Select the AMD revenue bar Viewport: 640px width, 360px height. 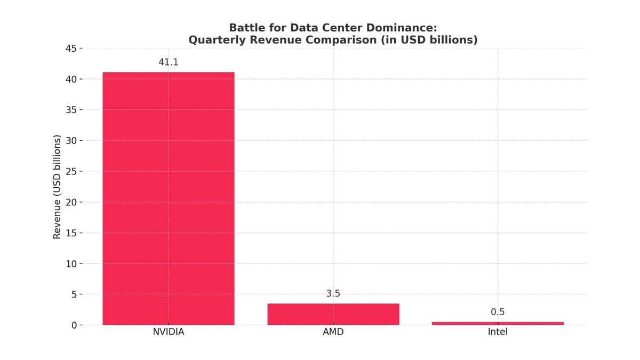click(x=333, y=314)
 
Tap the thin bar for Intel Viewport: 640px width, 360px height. click(x=498, y=323)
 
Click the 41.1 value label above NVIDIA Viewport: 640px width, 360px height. click(x=169, y=62)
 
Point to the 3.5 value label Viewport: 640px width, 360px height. click(x=333, y=294)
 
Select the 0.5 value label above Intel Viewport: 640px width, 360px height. click(x=498, y=312)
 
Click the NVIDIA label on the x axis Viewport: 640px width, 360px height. click(x=169, y=332)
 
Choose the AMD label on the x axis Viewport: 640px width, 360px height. click(x=333, y=332)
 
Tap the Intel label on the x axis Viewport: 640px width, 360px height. click(x=498, y=332)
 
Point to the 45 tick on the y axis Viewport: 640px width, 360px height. click(x=71, y=49)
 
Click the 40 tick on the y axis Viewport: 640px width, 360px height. click(x=71, y=79)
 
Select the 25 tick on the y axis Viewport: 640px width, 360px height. click(x=71, y=172)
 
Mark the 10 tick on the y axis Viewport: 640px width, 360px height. click(x=71, y=264)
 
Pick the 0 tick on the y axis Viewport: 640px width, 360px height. click(x=75, y=325)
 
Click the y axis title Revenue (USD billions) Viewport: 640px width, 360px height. click(x=57, y=187)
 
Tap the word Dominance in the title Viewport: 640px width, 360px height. click(x=403, y=28)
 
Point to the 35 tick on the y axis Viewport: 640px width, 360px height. click(x=71, y=110)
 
